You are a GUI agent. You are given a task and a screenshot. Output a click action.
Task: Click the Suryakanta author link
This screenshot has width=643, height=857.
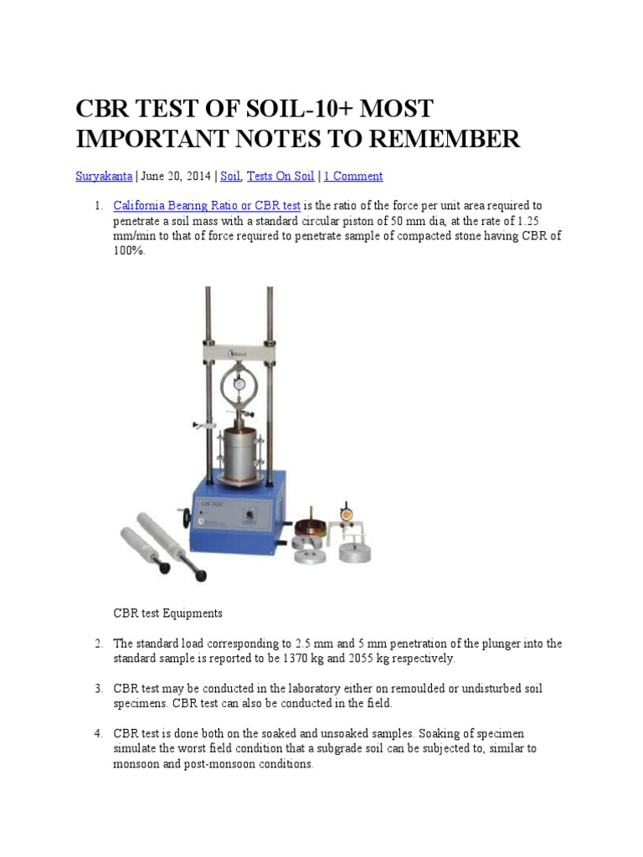tap(104, 176)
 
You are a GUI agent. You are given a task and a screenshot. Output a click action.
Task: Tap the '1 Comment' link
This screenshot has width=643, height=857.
tap(353, 176)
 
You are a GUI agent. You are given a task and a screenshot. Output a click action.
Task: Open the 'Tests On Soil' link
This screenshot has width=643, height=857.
tap(280, 176)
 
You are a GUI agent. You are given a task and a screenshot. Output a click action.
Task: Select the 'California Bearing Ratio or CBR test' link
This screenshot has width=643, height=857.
tap(207, 206)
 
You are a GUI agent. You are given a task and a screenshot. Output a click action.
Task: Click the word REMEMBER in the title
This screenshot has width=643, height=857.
tap(445, 138)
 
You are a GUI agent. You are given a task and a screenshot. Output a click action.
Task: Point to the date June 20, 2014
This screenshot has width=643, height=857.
tap(176, 176)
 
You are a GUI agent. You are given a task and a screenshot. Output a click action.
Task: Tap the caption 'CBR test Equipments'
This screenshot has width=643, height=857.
tap(167, 613)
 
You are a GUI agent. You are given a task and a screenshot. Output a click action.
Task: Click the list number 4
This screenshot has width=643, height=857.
tap(98, 733)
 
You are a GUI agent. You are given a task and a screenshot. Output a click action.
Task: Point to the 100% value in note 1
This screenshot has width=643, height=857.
tap(129, 251)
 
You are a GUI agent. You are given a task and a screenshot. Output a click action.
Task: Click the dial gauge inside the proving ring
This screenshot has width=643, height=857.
tap(239, 384)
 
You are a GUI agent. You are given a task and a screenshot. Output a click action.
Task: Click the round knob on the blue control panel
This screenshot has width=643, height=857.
tap(249, 515)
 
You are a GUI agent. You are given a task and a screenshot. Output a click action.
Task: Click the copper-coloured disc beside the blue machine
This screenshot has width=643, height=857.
tap(311, 529)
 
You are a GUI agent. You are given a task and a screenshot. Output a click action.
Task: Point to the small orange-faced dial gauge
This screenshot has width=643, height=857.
tap(346, 515)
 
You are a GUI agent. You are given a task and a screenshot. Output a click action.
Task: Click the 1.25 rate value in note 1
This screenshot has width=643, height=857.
tap(527, 221)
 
